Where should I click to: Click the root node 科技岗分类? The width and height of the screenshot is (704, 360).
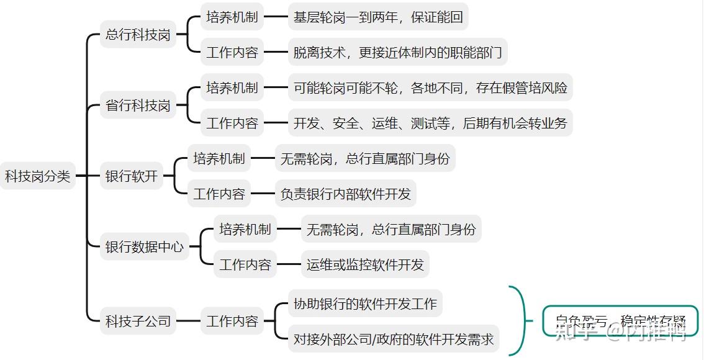pos(38,176)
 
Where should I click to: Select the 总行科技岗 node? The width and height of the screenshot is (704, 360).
pos(138,35)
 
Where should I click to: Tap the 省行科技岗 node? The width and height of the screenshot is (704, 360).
pos(138,106)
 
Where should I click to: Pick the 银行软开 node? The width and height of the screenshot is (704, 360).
pos(131,176)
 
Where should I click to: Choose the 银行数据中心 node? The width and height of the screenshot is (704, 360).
pos(144,247)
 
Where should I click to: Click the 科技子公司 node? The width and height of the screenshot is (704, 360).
pos(138,322)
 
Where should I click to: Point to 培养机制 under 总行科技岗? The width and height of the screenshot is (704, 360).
pos(232,17)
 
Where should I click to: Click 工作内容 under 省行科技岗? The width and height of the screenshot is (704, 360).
pos(232,124)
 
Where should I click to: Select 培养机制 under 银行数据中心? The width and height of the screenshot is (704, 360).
pos(245,230)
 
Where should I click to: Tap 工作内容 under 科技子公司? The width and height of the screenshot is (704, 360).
pos(232,322)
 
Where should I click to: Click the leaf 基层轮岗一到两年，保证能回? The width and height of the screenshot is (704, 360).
pos(378,17)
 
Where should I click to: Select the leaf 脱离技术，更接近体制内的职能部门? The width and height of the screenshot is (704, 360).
pos(397,53)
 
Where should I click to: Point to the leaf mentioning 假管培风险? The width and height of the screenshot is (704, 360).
pos(430,88)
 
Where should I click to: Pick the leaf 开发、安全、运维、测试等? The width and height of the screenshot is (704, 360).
pos(430,124)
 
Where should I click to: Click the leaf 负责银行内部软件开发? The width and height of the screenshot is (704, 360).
pos(345,194)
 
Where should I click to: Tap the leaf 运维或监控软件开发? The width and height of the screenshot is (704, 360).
pos(365,265)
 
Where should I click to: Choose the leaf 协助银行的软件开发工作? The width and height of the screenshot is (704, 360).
pos(365,304)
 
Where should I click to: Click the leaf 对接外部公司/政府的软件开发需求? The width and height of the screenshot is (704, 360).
pos(394,340)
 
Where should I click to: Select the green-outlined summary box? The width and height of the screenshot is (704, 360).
pos(620,322)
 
